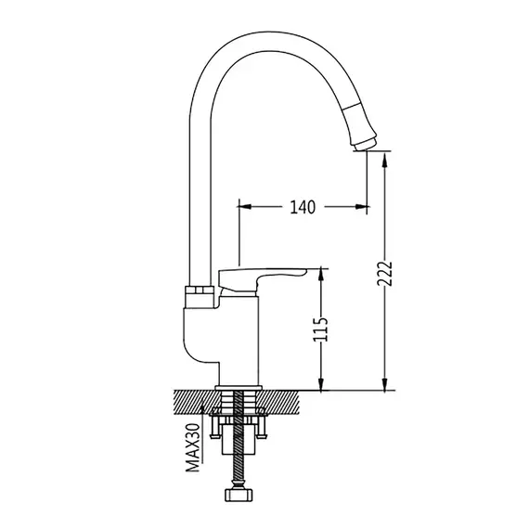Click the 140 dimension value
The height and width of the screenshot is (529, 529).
(x=303, y=207)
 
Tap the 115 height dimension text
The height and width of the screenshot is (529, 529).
(x=320, y=329)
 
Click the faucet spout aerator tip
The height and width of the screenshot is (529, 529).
(x=364, y=144)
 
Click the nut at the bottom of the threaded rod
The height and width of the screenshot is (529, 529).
(x=239, y=496)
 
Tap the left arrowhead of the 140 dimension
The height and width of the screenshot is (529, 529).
(x=245, y=207)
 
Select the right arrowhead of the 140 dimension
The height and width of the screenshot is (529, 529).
(x=361, y=207)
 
